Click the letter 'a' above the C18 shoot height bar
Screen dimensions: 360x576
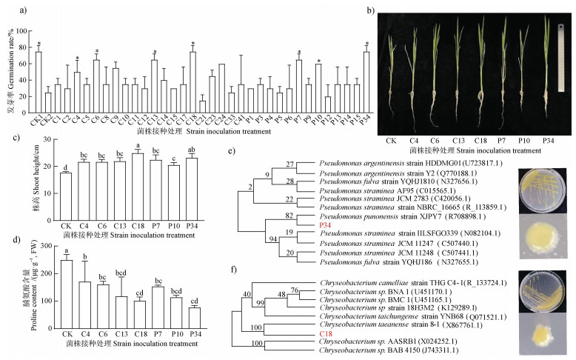[x=138, y=145]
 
